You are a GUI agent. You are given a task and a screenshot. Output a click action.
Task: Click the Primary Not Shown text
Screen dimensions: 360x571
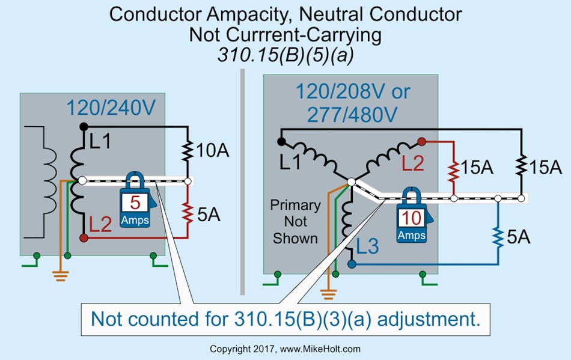[295, 221]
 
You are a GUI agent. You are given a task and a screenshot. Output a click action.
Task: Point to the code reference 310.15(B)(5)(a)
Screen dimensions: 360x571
[285, 55]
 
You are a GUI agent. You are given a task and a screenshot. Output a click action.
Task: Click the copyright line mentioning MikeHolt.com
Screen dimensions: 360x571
[285, 349]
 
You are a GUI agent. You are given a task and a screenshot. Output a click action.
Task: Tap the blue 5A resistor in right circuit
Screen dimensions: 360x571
[498, 236]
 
